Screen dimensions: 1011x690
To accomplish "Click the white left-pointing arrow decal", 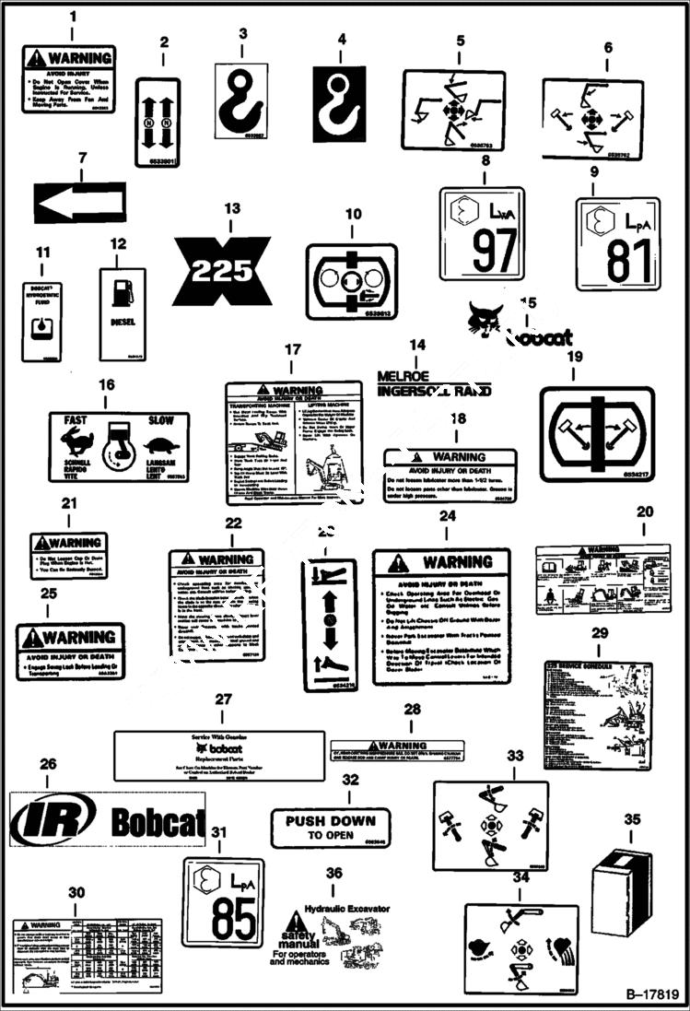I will click(78, 203).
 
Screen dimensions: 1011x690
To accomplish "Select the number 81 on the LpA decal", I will click(617, 261).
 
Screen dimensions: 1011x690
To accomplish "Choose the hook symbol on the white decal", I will click(240, 99).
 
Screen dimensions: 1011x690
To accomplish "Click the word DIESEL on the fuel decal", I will click(123, 323).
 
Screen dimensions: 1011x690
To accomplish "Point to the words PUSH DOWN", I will click(330, 820).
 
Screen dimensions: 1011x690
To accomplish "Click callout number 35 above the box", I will click(632, 819).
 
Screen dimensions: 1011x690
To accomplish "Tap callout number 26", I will click(48, 764).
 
